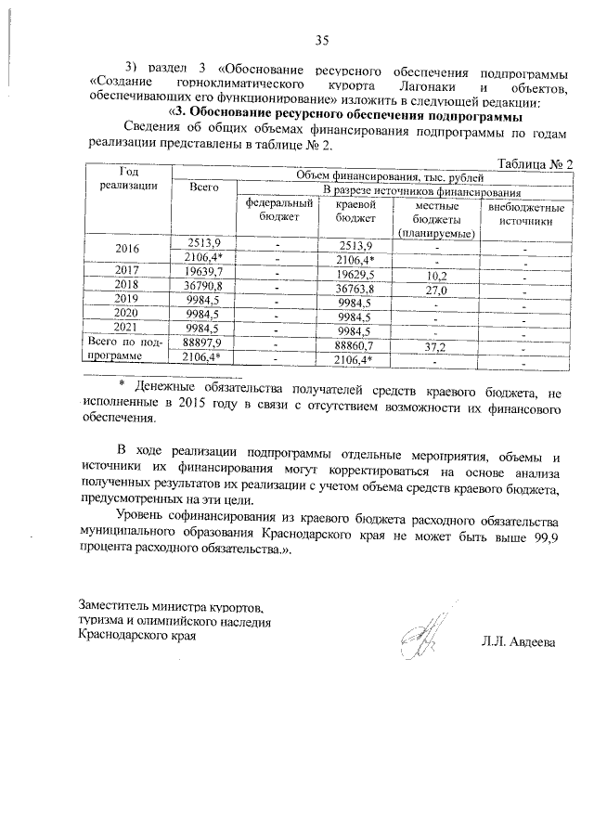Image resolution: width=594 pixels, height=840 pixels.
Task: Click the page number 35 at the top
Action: coord(321,39)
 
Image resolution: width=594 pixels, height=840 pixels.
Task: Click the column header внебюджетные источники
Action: coord(525,215)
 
